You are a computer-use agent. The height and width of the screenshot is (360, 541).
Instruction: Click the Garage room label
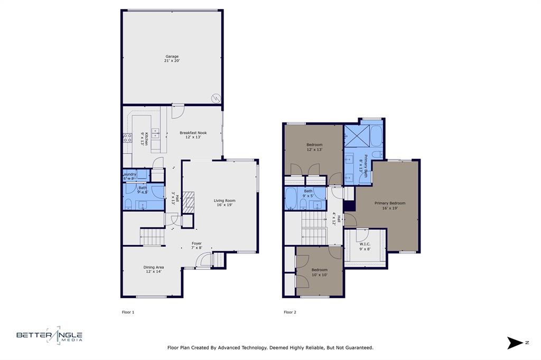click(x=172, y=59)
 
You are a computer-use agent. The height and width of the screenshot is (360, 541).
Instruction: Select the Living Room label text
click(x=225, y=203)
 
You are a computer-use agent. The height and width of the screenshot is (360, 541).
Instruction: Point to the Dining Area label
click(x=153, y=269)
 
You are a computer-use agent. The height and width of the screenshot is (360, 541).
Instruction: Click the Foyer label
click(x=197, y=245)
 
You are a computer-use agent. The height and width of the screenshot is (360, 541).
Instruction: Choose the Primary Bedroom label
click(x=390, y=205)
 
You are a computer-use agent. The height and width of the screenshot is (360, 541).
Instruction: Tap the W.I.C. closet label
click(x=365, y=246)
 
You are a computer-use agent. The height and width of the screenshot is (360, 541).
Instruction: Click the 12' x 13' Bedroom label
click(x=314, y=147)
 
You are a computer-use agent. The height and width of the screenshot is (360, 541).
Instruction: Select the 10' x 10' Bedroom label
click(x=319, y=272)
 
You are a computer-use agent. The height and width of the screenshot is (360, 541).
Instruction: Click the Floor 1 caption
click(x=128, y=312)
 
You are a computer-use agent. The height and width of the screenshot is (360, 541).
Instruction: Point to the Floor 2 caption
click(x=290, y=312)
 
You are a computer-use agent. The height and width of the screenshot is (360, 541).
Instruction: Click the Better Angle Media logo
click(x=49, y=336)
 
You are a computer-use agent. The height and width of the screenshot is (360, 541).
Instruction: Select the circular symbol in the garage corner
click(x=216, y=98)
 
